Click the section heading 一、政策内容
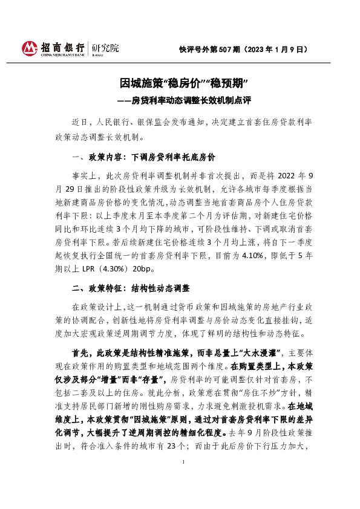pyautogui.click(x=99, y=158)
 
